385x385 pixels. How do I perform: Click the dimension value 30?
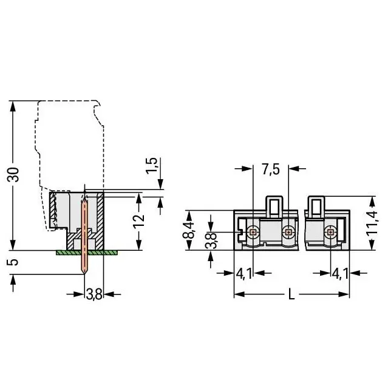pos(13,174)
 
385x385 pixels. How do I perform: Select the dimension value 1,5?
pos(151,166)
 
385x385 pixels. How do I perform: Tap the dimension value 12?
pos(139,222)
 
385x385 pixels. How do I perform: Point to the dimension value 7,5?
pos(271,169)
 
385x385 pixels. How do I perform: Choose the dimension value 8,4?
pos(189,230)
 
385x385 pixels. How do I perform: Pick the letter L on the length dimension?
pos(291,294)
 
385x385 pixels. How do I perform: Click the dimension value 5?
pos(13,262)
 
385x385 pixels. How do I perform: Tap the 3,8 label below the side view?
pos(94,294)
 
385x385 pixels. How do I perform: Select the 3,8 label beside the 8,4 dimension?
pos(211,241)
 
